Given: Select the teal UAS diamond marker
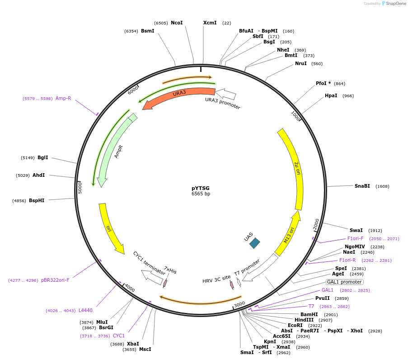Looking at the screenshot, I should pyautogui.click(x=255, y=243).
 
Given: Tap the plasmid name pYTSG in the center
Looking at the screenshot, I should pyautogui.click(x=201, y=188).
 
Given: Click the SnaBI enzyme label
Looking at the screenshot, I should pyautogui.click(x=362, y=186).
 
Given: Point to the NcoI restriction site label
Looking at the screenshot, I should pyautogui.click(x=177, y=23).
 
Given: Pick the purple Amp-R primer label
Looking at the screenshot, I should pyautogui.click(x=63, y=98).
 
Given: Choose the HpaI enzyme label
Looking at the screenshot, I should pyautogui.click(x=331, y=96).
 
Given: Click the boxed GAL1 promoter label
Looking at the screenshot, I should pyautogui.click(x=344, y=282).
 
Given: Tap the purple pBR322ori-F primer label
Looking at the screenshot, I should pyautogui.click(x=56, y=280).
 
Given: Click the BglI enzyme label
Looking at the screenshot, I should pyautogui.click(x=42, y=158).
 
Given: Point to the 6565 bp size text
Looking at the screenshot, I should pyautogui.click(x=201, y=194).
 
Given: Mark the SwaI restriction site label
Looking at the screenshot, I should pyautogui.click(x=356, y=230).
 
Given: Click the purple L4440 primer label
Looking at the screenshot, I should pyautogui.click(x=85, y=310).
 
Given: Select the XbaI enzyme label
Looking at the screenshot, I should pyautogui.click(x=133, y=344).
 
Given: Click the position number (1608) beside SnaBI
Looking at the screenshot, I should pyautogui.click(x=382, y=186).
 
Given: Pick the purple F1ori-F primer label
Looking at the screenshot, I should pyautogui.click(x=355, y=238).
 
